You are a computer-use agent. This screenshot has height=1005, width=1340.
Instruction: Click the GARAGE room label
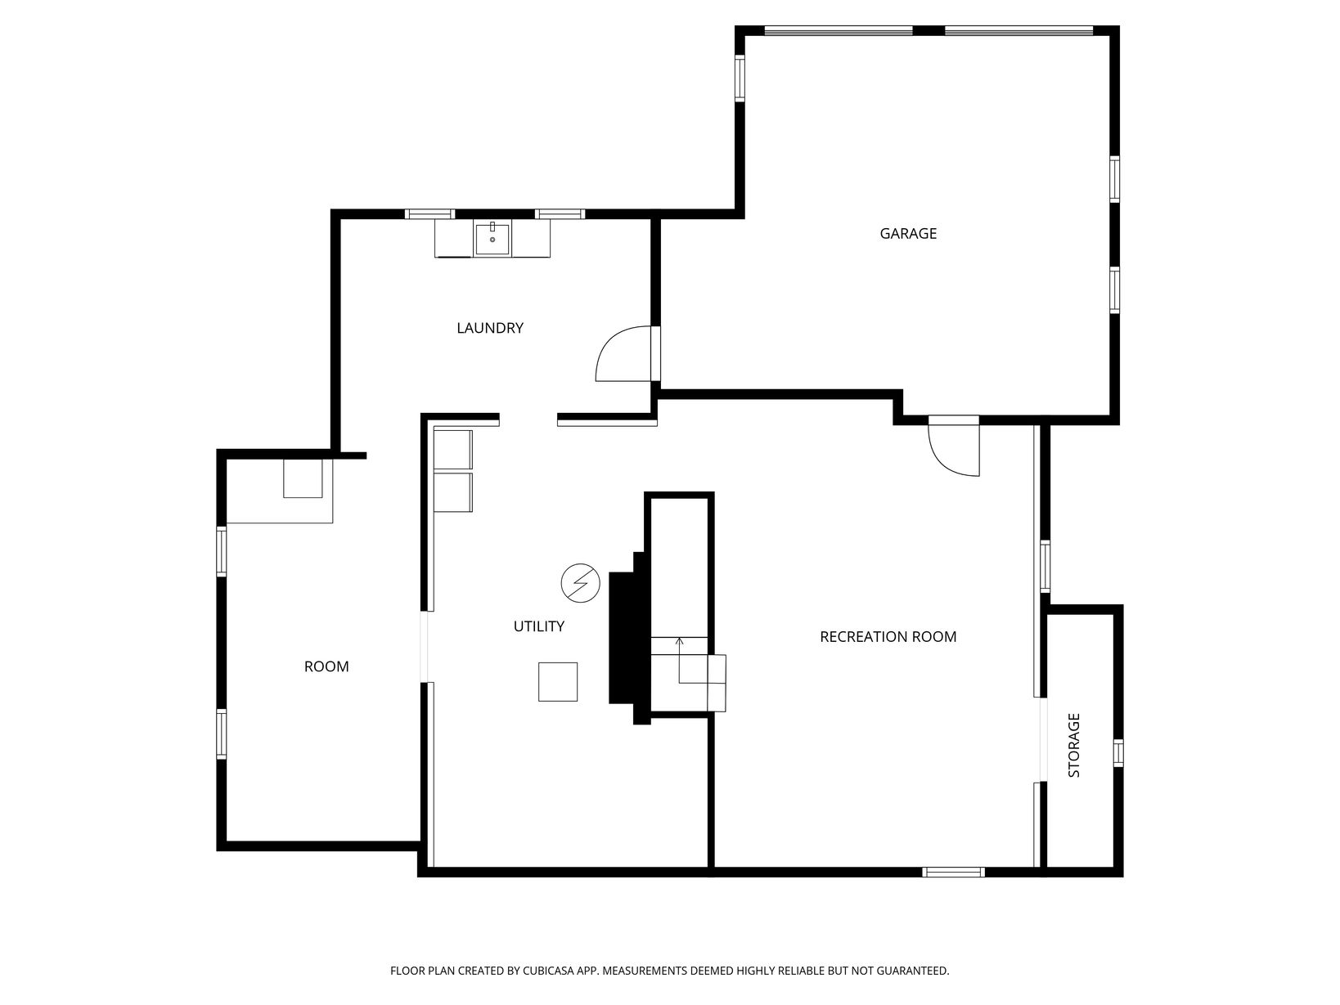(x=908, y=233)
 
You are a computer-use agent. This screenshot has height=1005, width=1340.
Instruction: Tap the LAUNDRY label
(x=489, y=328)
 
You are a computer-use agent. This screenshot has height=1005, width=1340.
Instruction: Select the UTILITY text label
(x=538, y=626)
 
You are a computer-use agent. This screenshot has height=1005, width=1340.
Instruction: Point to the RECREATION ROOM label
(x=888, y=636)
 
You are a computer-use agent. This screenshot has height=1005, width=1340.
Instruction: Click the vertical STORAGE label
(x=1074, y=745)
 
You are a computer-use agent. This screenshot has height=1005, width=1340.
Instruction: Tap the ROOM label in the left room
(x=326, y=666)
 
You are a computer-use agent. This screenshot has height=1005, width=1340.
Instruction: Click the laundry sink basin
(x=492, y=239)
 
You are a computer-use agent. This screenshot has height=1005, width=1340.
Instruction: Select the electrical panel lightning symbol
(x=581, y=583)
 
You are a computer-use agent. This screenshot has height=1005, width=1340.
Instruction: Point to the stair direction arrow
(x=680, y=660)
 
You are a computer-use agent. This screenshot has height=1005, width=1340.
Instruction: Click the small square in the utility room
(x=557, y=682)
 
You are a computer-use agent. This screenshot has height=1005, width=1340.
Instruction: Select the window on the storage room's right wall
(x=1117, y=753)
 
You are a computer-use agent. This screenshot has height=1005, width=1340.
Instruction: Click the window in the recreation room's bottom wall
(x=953, y=872)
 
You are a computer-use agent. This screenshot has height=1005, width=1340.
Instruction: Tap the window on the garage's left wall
(x=740, y=79)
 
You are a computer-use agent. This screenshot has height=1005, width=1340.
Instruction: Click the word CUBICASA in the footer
(x=548, y=971)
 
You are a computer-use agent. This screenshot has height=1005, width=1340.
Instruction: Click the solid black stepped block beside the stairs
(x=629, y=638)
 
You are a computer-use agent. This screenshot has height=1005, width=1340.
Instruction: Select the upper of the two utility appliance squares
(x=452, y=450)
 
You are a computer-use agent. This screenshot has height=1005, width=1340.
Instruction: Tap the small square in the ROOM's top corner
(x=303, y=478)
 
